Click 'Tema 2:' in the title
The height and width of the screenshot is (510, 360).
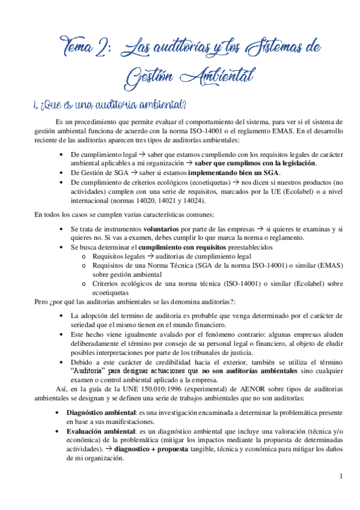pos(85,48)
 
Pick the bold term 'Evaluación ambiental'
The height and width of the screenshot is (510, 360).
pos(100,432)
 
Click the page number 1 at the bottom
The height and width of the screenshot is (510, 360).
pos(341,478)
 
